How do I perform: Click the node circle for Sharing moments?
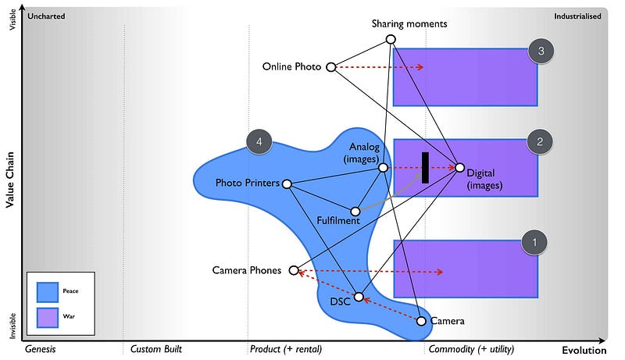point(391,39)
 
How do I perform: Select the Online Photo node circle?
point(330,67)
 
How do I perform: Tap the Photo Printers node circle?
point(287,184)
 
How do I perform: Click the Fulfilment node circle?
point(355,211)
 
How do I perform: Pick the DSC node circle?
point(359,297)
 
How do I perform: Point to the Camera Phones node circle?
point(294,270)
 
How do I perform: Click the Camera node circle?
point(421,321)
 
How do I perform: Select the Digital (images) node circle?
point(459,167)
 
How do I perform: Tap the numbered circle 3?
point(541,52)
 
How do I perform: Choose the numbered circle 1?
point(534,243)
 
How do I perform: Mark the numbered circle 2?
point(540,141)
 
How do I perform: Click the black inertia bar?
point(425,167)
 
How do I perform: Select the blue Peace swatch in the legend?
point(48,291)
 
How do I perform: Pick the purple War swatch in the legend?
point(48,317)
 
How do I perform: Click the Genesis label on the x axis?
point(41,348)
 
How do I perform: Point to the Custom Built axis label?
point(155,348)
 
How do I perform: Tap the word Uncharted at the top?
point(45,16)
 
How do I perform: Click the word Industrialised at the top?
point(577,16)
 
